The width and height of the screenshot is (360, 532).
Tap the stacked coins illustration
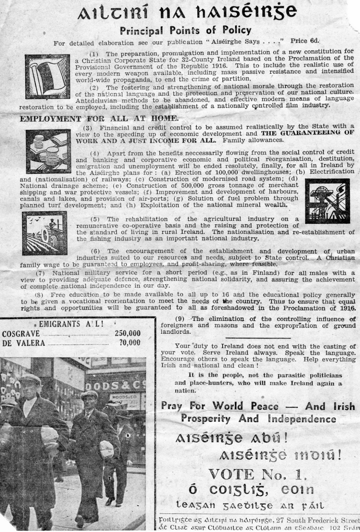coord(48,151)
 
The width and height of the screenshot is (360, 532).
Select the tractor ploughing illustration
coord(44,233)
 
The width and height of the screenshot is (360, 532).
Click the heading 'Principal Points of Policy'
coord(185,30)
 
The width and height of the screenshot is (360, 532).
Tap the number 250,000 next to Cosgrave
coord(127,333)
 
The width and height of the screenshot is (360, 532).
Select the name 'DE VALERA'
coord(24,343)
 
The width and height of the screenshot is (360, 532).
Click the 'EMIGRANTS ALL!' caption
coord(71,324)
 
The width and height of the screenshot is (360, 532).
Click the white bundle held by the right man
coord(107,448)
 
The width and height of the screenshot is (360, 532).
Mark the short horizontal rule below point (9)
coord(258,338)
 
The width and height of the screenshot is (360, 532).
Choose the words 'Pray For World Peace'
coord(220,406)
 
